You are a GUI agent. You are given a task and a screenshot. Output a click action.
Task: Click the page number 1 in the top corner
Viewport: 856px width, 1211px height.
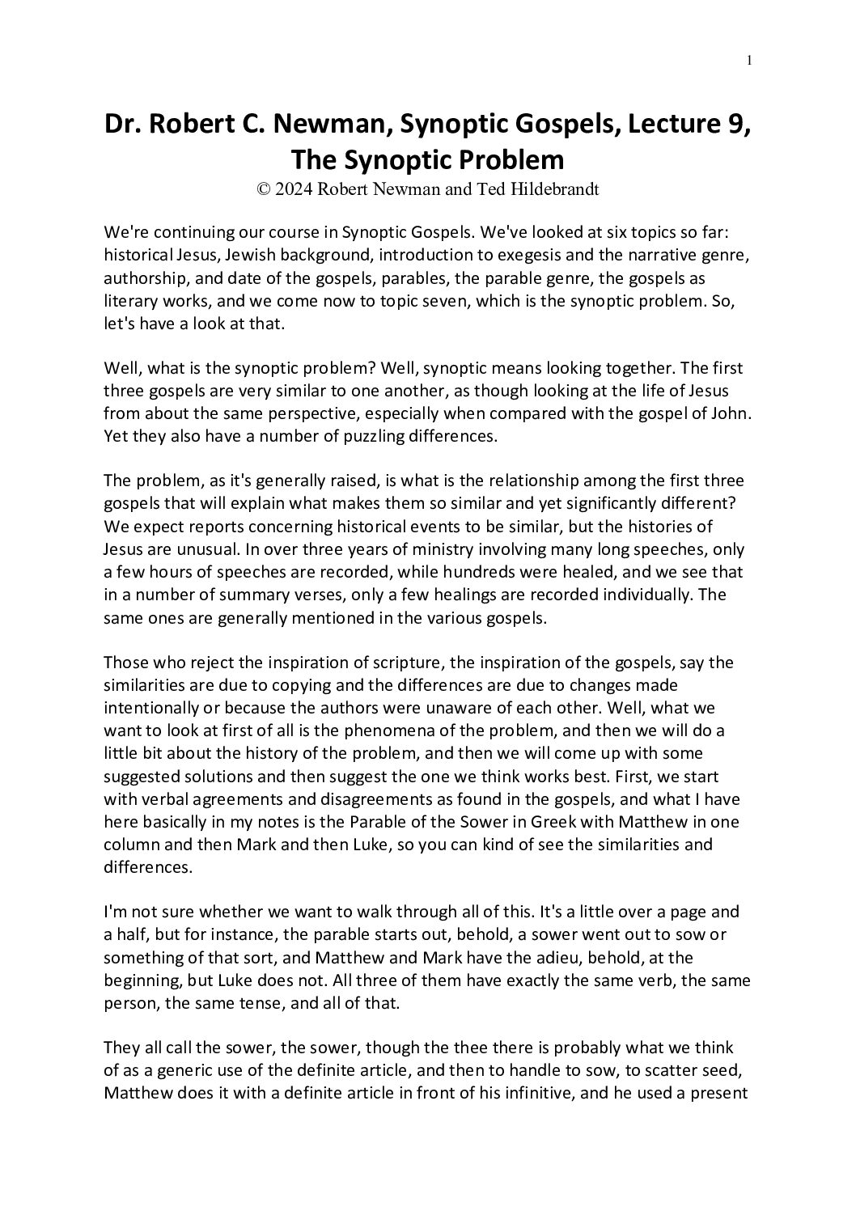tap(750, 60)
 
